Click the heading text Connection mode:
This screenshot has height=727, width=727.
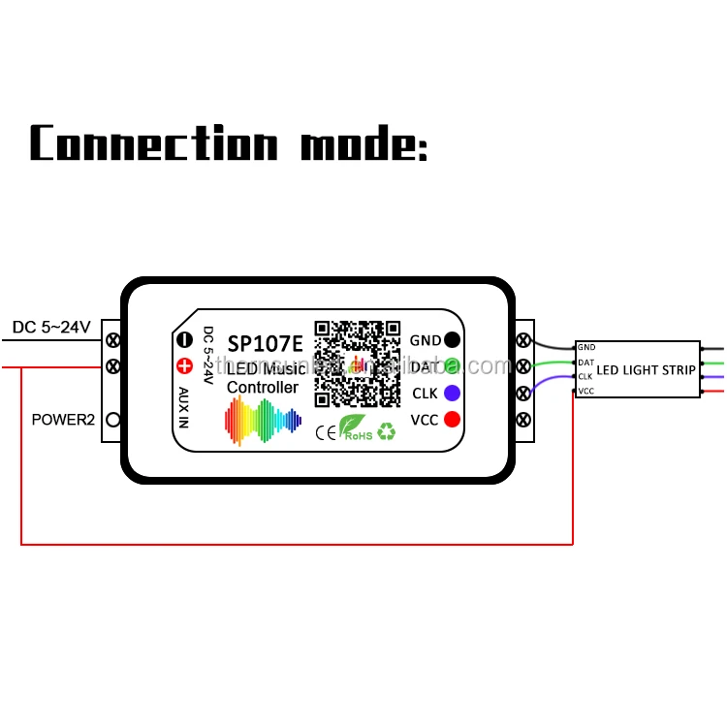pos(229,143)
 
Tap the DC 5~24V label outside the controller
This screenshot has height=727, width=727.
pos(51,328)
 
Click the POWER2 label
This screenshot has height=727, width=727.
pos(62,420)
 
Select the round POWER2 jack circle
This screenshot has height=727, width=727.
pos(113,420)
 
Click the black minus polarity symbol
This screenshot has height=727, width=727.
pos(184,340)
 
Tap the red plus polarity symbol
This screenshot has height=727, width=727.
pos(184,366)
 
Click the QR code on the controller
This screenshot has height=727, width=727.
pos(358,363)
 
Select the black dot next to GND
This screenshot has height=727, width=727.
pos(452,340)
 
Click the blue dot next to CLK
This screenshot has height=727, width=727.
pos(452,394)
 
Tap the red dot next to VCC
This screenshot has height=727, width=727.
pos(452,420)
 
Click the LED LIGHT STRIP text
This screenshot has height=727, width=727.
pos(646,369)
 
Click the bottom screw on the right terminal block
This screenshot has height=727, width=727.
pos(524,420)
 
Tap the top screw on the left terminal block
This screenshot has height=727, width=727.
pos(113,340)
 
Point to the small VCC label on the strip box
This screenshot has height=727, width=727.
pos(585,391)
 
